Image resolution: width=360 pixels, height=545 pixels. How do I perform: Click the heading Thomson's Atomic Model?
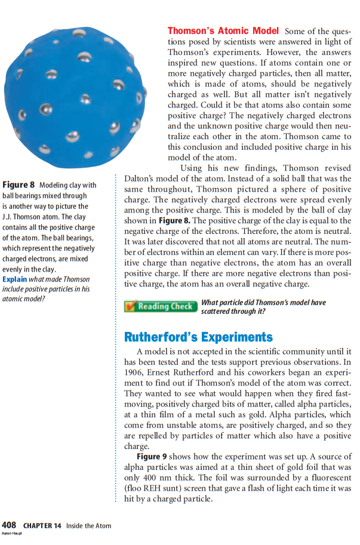[223, 30]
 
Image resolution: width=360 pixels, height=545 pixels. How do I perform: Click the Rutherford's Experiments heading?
[198, 337]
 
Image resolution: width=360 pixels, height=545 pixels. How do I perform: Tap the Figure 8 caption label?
[19, 185]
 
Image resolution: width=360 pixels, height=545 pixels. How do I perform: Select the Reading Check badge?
[160, 307]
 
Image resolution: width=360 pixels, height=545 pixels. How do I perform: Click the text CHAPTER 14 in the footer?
[42, 526]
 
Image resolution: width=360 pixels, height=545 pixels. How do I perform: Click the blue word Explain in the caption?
[14, 279]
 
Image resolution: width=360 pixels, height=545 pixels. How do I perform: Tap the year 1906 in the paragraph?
[136, 374]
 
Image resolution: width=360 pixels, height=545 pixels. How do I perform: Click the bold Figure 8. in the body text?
[174, 220]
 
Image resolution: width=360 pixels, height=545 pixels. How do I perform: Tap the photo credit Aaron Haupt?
[11, 534]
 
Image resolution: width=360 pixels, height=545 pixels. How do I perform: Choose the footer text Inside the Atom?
[88, 526]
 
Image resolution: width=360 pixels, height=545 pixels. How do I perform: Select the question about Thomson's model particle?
[263, 307]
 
